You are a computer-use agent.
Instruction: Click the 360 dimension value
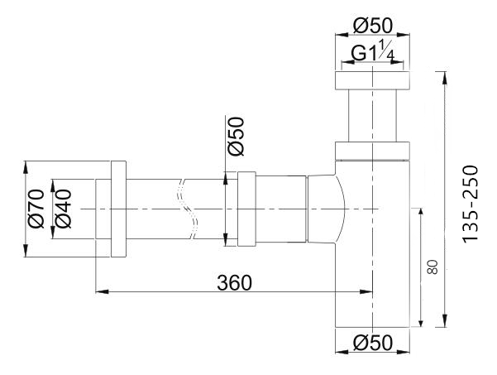click(x=234, y=281)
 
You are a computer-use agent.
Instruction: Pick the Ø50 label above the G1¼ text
click(x=372, y=26)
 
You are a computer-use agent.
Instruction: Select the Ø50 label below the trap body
click(x=372, y=343)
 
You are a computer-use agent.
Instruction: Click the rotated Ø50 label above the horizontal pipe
click(x=235, y=136)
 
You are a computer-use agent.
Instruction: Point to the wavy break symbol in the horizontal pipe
click(x=193, y=209)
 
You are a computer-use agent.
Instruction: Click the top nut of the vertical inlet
click(x=372, y=80)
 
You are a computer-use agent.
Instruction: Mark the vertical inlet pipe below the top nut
click(x=372, y=116)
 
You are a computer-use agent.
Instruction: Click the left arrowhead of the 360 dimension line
click(x=100, y=291)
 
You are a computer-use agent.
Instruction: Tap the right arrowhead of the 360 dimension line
click(x=368, y=291)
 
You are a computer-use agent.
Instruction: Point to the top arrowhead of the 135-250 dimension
click(x=446, y=76)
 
